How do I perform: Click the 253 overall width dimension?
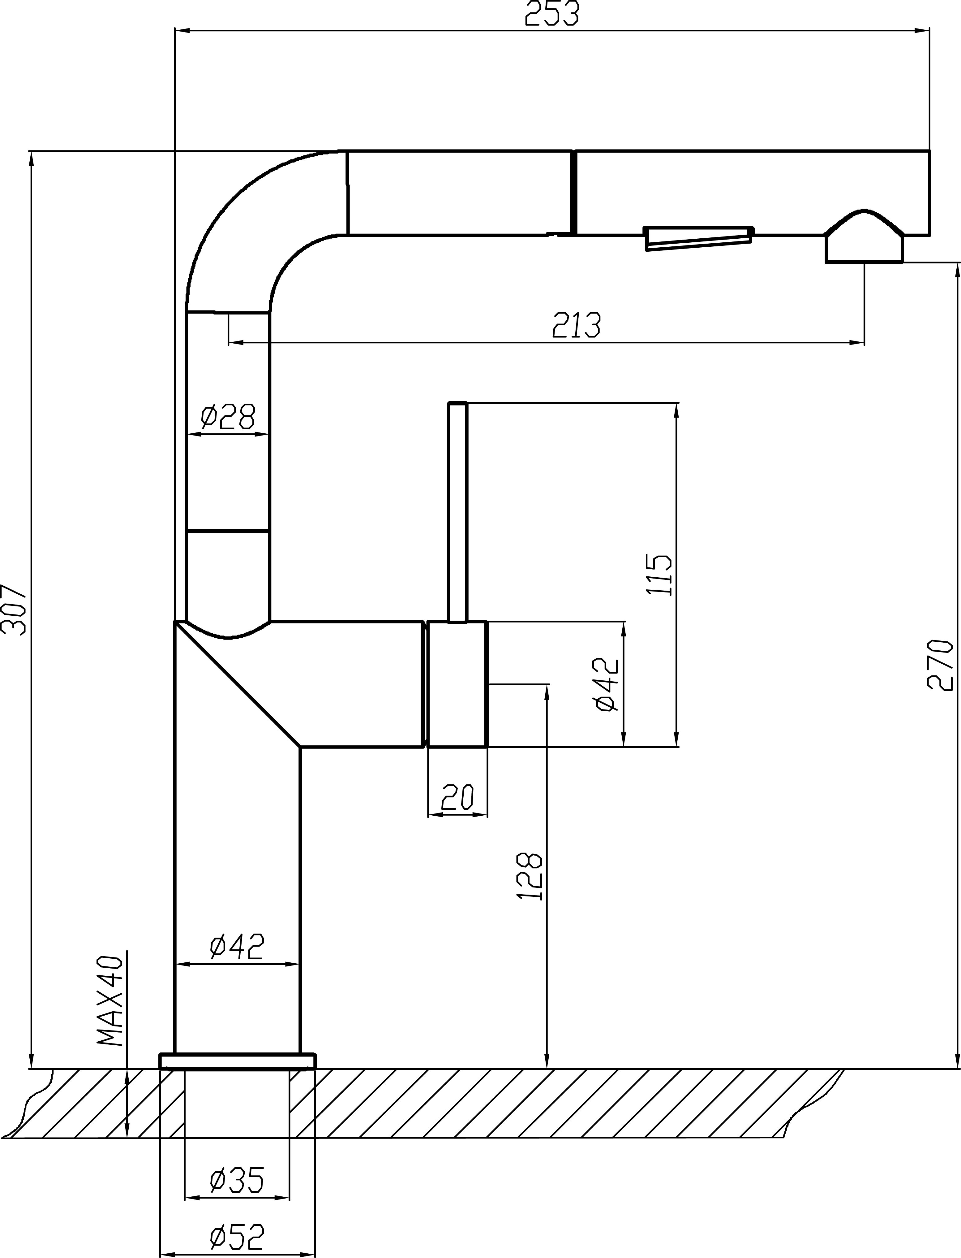(552, 14)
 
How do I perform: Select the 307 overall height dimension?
(14, 609)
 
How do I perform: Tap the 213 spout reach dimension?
(577, 325)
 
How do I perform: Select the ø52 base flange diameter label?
(237, 1218)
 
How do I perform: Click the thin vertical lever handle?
(458, 512)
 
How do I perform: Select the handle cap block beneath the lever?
(458, 684)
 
